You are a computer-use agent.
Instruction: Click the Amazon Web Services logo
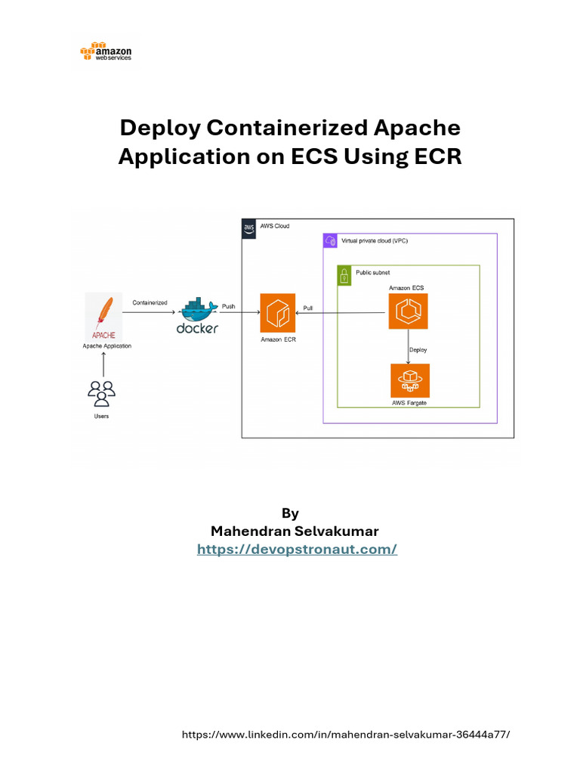click(106, 51)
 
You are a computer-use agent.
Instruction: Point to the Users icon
click(101, 394)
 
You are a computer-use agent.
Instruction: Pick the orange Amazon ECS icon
click(408, 311)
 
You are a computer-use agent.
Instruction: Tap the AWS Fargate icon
click(410, 380)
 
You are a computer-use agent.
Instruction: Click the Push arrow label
click(229, 306)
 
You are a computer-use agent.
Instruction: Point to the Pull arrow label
click(307, 308)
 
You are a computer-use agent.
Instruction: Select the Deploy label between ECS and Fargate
click(418, 349)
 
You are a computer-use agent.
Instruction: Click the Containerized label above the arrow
click(150, 302)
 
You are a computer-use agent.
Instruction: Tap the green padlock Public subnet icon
click(344, 276)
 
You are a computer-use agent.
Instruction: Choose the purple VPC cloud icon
click(329, 240)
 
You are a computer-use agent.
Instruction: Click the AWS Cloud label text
click(276, 226)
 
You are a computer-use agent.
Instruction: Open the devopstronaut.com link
click(297, 550)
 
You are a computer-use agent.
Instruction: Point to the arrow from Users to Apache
click(103, 364)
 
